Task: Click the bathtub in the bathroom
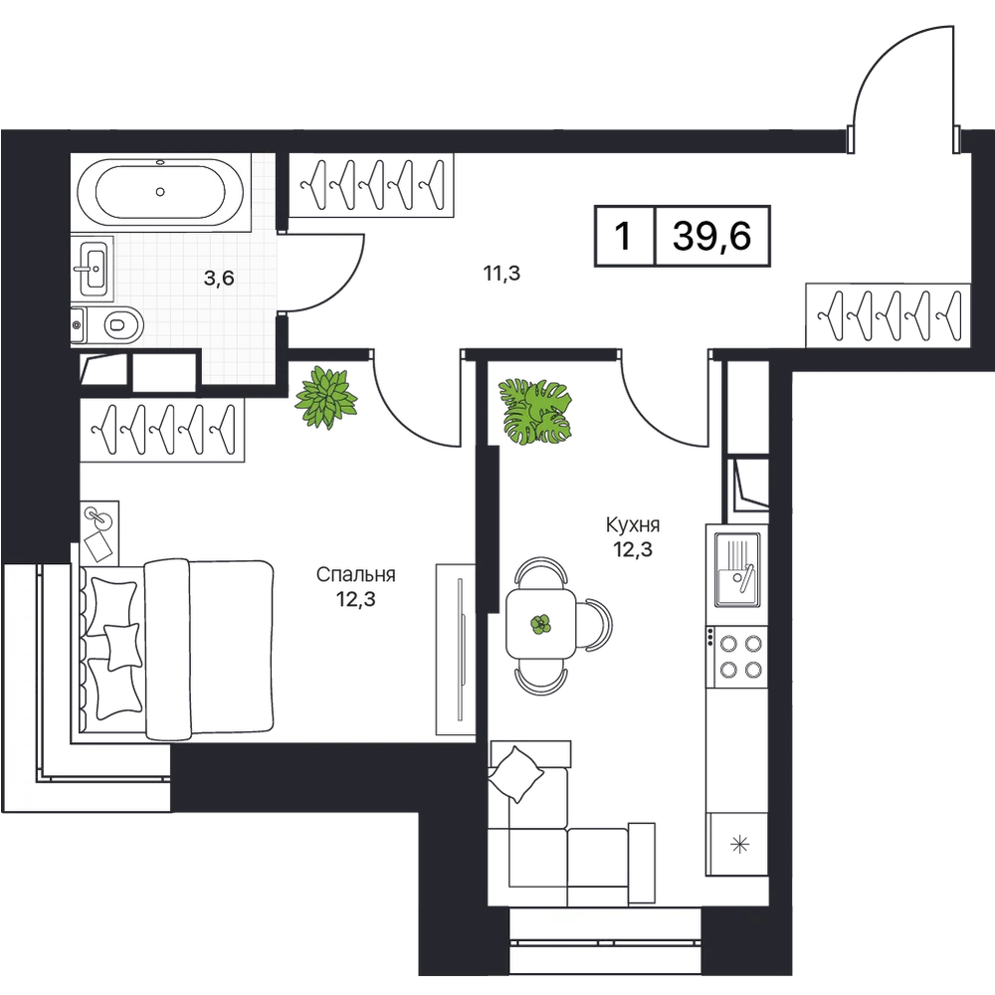160,191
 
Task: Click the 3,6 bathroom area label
220,278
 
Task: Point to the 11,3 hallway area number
501,274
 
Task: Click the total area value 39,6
712,236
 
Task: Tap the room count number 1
624,236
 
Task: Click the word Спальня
355,574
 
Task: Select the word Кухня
633,524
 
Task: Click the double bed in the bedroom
178,650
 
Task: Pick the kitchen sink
737,569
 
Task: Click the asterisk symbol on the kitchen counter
739,845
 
